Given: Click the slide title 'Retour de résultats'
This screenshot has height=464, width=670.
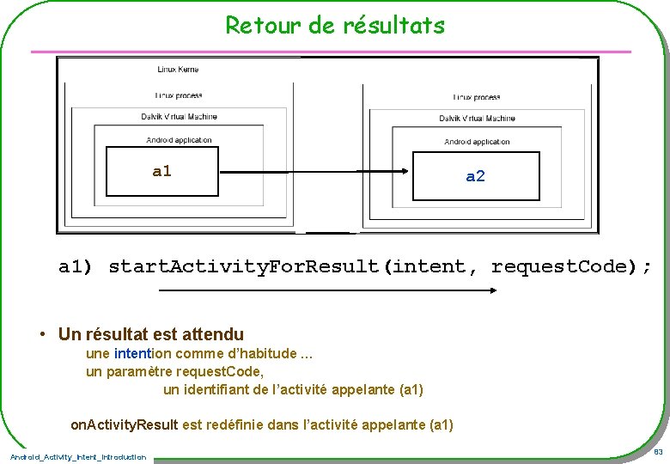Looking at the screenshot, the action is [335, 25].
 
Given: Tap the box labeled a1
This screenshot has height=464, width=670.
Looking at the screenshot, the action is [161, 172].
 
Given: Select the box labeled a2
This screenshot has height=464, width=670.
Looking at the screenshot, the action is [476, 177].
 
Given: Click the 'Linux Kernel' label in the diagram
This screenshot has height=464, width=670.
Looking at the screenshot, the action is [178, 69].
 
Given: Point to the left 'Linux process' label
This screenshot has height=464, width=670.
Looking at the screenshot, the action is [178, 95].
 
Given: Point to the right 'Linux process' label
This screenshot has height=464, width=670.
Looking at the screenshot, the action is [477, 97].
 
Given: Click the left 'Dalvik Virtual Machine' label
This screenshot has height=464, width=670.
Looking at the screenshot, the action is [179, 117].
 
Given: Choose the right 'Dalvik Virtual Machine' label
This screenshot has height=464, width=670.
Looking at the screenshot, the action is [477, 119].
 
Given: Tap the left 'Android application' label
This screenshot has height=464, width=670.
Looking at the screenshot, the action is [179, 140].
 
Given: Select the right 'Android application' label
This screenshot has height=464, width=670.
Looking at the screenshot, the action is [477, 142].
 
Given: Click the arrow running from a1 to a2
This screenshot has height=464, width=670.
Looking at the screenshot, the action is [315, 173].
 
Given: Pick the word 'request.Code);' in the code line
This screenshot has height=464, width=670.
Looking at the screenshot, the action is [571, 267].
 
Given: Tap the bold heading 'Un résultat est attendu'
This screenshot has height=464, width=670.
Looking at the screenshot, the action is [151, 335].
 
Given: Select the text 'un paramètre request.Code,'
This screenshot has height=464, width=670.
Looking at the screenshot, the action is [174, 371].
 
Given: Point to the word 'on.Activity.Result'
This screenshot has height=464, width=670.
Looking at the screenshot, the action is [125, 424].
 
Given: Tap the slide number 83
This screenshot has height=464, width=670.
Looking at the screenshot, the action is [657, 452].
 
